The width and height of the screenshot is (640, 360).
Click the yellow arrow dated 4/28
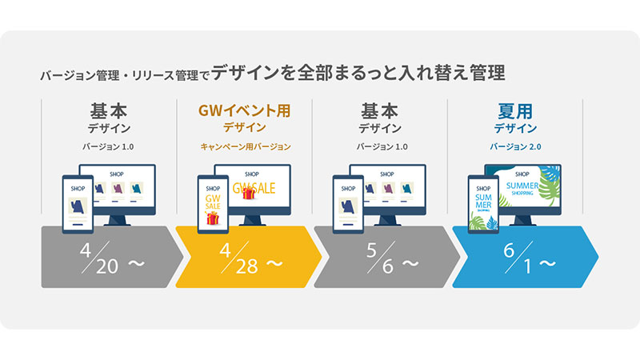click(x=249, y=257)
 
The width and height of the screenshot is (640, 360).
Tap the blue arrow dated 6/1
click(x=526, y=257)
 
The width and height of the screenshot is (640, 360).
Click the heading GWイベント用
click(x=245, y=110)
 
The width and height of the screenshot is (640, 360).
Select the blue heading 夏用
click(x=515, y=111)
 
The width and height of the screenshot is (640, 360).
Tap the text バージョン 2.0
click(x=515, y=146)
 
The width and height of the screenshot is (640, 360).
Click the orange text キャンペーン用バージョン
click(x=246, y=146)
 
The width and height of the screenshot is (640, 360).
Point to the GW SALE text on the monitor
click(x=254, y=188)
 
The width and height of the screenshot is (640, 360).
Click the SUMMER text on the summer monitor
click(x=522, y=186)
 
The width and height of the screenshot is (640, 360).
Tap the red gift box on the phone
click(x=212, y=218)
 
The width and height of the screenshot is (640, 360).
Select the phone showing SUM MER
click(x=483, y=204)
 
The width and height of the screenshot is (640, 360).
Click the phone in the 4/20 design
click(x=78, y=204)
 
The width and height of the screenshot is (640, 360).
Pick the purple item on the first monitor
click(x=118, y=188)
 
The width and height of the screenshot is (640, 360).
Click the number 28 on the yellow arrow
click(x=247, y=266)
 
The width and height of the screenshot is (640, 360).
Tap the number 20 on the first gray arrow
click(x=107, y=266)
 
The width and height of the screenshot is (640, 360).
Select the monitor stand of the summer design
click(x=522, y=221)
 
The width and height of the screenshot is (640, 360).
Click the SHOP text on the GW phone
click(x=213, y=189)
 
